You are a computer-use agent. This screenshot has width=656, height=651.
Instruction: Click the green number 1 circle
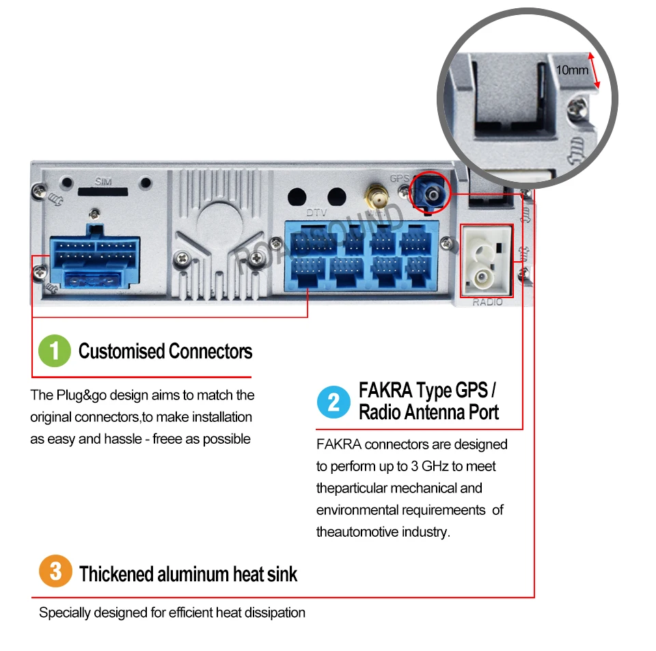click(x=55, y=351)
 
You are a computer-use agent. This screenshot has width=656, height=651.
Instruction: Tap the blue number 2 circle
click(x=333, y=402)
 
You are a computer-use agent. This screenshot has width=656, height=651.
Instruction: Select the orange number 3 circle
click(x=55, y=571)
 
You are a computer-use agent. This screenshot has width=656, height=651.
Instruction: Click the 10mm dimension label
click(x=572, y=70)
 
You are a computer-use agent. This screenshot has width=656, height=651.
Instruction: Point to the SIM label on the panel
click(x=103, y=181)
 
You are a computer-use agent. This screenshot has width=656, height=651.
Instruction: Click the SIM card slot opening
click(x=103, y=191)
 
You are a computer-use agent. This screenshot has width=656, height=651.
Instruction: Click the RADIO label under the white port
click(x=487, y=302)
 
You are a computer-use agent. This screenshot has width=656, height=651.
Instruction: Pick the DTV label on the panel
click(x=316, y=213)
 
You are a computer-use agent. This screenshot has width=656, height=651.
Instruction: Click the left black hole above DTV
click(x=297, y=197)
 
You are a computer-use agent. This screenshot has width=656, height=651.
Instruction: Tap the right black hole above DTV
click(x=336, y=197)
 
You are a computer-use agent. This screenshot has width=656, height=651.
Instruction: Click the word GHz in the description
click(x=435, y=466)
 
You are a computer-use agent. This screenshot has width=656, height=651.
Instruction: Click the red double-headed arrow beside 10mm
click(x=594, y=70)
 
